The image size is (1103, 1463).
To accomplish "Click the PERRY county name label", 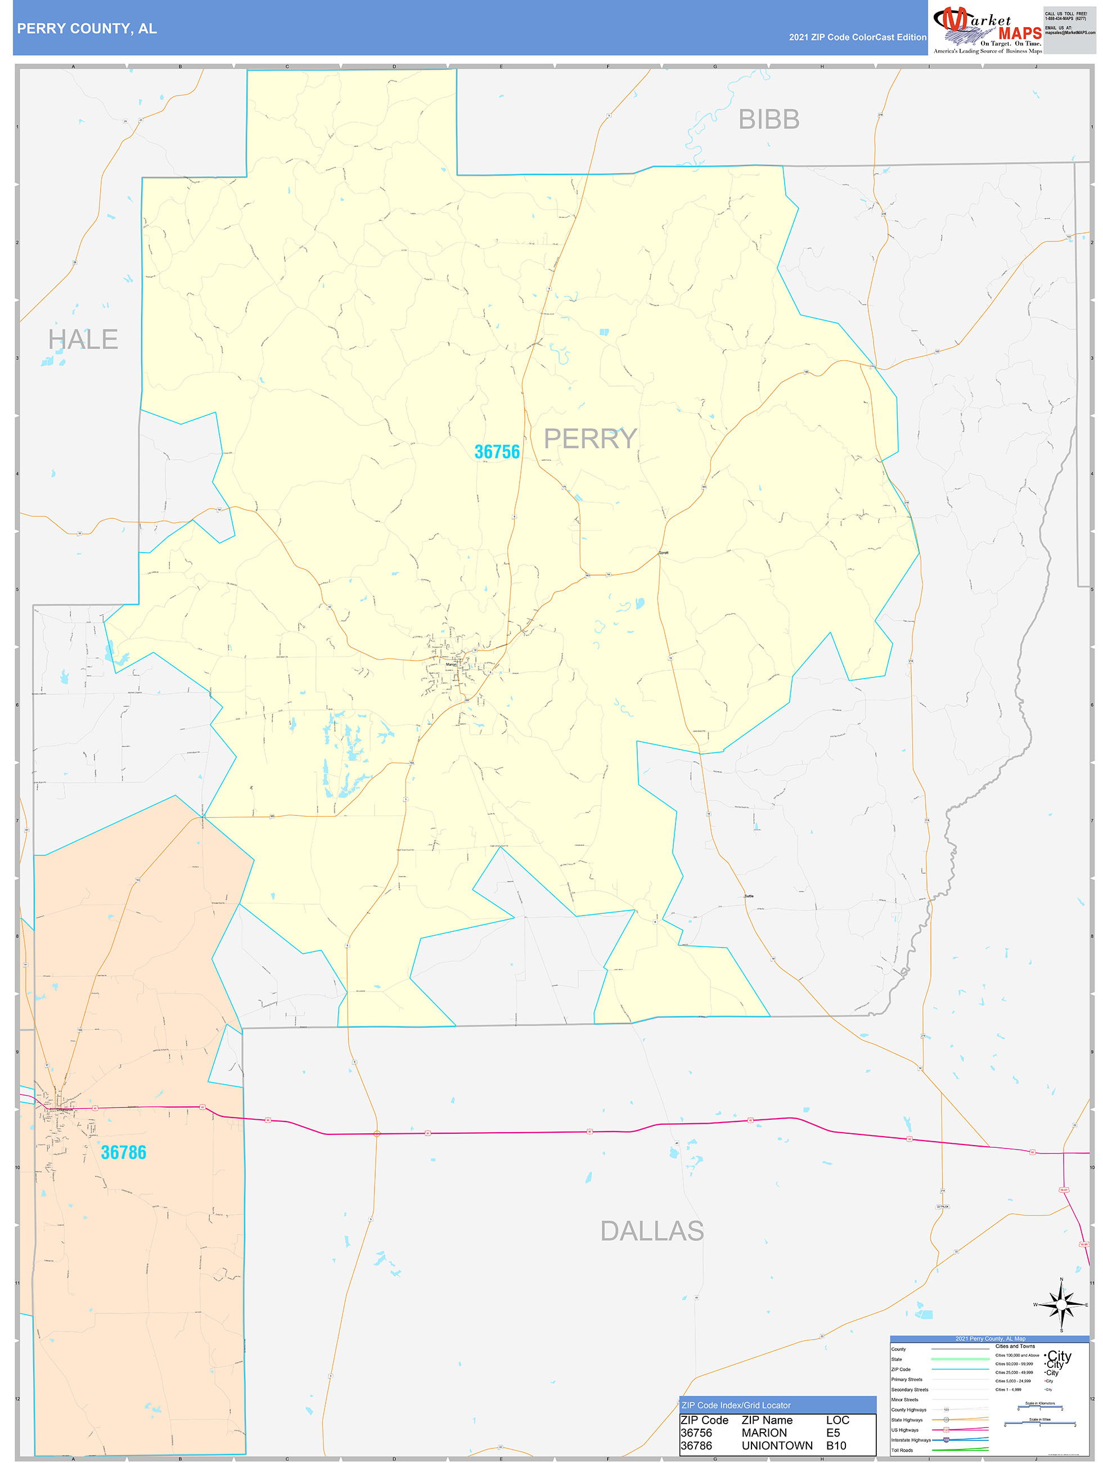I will coord(590,438).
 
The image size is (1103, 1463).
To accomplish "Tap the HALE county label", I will coord(83,339).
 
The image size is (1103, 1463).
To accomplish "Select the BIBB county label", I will coord(768,120).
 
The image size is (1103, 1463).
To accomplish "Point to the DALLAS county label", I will coord(651,1231).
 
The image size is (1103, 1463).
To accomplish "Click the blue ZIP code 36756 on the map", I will coord(497,452).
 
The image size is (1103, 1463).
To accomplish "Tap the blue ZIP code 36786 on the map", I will coord(123,1152).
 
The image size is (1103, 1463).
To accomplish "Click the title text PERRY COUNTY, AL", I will coord(87,29).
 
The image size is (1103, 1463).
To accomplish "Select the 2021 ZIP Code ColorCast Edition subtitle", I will coord(857,37).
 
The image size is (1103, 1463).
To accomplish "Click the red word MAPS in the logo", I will coord(1019,33).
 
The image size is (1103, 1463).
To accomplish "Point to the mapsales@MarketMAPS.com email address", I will coord(1069,33).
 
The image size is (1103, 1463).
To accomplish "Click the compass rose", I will coord(1061,1305).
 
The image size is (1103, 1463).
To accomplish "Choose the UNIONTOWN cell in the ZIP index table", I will coord(776,1446).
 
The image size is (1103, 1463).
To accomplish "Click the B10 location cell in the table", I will coord(836,1446).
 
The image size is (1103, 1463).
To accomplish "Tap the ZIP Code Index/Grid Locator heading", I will coord(735,1406).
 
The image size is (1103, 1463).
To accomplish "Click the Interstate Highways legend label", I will coord(911,1440).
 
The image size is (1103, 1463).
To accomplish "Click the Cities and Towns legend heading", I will coord(1015,1346).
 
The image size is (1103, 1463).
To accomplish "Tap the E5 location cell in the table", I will coord(832,1433).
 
